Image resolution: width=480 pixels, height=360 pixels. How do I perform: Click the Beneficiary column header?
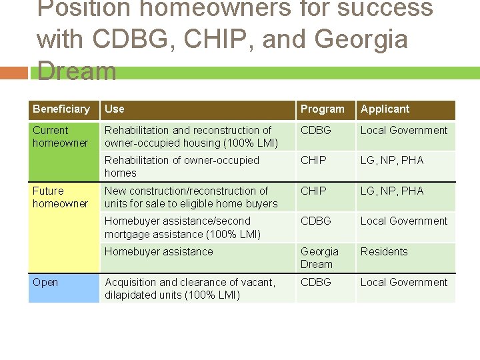[61, 109]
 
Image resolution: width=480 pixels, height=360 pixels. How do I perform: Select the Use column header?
[115, 109]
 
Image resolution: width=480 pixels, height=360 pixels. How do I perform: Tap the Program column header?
[323, 109]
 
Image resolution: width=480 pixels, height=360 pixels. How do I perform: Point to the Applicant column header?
[385, 109]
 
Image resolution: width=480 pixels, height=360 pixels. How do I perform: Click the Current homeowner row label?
[60, 137]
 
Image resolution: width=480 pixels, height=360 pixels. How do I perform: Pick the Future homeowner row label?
[60, 197]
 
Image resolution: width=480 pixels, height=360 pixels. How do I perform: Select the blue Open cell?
[63, 288]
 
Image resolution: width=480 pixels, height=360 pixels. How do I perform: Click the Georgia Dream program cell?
[320, 258]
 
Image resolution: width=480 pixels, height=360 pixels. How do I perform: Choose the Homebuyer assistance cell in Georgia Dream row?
[159, 252]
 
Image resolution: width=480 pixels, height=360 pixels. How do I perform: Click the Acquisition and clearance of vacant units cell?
[190, 289]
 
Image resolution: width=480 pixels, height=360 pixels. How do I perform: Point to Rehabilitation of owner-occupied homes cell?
[182, 167]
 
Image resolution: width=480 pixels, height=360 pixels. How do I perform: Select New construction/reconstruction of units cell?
[191, 197]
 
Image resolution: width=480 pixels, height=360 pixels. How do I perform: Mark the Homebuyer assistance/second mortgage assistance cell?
[183, 227]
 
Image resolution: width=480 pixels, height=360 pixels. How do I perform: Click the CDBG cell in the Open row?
[316, 283]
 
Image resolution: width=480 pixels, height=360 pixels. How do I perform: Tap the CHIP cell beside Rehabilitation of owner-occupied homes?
[313, 161]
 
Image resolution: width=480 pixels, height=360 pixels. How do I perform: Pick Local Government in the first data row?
[404, 131]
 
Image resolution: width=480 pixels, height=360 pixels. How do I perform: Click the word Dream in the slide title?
[77, 71]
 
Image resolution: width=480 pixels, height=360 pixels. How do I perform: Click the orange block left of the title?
[15, 72]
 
